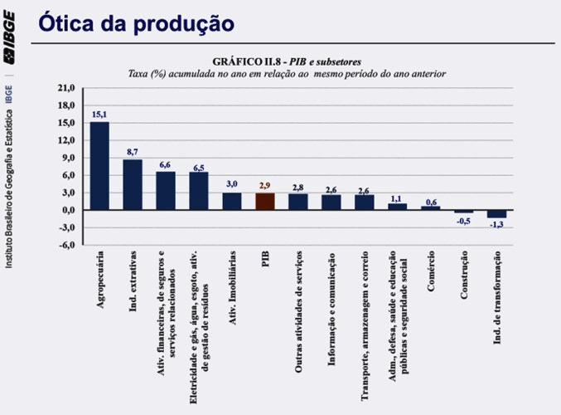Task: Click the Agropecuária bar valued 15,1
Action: [x=99, y=166]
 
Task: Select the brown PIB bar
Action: [x=264, y=202]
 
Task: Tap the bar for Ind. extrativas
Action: [x=133, y=184]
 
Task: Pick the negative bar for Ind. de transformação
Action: [x=496, y=213]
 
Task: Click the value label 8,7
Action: [x=133, y=152]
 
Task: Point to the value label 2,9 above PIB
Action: [x=264, y=186]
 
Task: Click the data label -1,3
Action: [x=496, y=225]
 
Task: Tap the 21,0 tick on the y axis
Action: [x=66, y=88]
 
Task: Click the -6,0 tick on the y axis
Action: [x=66, y=245]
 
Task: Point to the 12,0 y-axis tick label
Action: [x=66, y=140]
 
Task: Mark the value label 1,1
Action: [x=396, y=198]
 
